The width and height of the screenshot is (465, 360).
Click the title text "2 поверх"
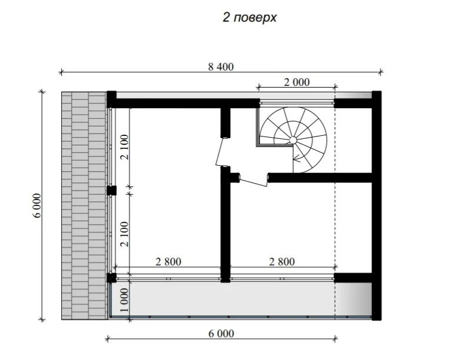click(x=250, y=18)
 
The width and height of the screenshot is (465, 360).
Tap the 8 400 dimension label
click(x=221, y=66)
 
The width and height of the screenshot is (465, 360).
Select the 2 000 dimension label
click(x=297, y=82)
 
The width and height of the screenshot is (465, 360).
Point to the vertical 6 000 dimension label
click(x=37, y=205)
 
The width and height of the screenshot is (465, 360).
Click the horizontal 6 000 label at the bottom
click(x=221, y=334)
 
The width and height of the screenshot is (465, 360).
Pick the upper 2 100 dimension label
click(x=125, y=147)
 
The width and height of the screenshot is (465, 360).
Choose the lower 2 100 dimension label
click(x=125, y=234)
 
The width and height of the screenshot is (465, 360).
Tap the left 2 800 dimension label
click(x=168, y=262)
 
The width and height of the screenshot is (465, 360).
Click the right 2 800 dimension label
click(x=282, y=262)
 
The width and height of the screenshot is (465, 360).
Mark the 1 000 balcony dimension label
click(x=125, y=300)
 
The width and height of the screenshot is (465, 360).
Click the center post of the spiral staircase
click(x=293, y=140)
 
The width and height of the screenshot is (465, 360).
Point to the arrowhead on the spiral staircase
click(x=295, y=159)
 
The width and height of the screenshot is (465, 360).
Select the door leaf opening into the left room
click(x=220, y=152)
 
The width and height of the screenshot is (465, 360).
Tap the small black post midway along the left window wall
click(x=111, y=191)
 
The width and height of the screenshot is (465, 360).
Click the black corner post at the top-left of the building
click(x=111, y=99)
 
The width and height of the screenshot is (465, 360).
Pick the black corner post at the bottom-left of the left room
click(x=111, y=278)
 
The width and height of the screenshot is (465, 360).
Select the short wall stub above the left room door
click(x=225, y=122)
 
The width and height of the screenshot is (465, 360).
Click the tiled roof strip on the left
click(x=84, y=206)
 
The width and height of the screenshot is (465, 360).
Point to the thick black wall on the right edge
click(x=376, y=206)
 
